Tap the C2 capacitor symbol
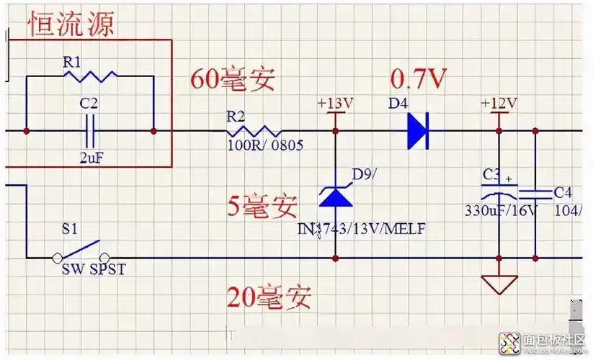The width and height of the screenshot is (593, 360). (x=90, y=130)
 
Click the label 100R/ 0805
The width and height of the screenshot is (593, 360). (x=264, y=145)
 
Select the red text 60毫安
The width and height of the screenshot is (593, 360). (x=232, y=79)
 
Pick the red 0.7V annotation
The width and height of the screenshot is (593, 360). (x=419, y=78)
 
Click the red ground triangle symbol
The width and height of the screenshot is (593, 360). (x=499, y=284)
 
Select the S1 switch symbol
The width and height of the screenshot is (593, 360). (x=81, y=251)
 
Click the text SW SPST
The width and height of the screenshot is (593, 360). (x=93, y=269)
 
